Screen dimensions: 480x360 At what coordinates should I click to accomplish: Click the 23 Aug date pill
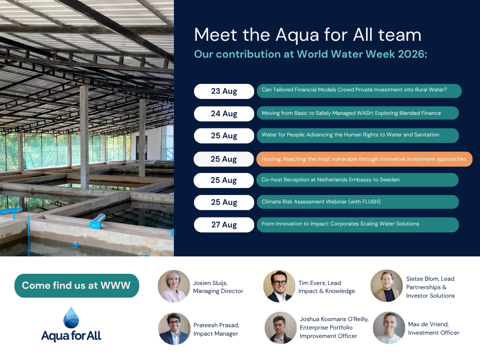pyautogui.click(x=224, y=91)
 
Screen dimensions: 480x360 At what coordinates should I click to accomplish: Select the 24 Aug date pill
pyautogui.click(x=224, y=113)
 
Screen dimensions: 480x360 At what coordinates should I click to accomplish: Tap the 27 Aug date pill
pyautogui.click(x=224, y=225)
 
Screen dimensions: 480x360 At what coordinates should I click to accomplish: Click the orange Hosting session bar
pyautogui.click(x=364, y=159)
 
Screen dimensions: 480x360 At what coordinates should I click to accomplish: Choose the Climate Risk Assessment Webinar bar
pyautogui.click(x=358, y=202)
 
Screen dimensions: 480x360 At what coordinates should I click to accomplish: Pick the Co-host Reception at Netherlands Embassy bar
pyautogui.click(x=357, y=180)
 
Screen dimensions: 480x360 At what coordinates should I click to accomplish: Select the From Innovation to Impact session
pyautogui.click(x=358, y=225)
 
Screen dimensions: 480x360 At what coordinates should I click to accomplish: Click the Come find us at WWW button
pyautogui.click(x=77, y=285)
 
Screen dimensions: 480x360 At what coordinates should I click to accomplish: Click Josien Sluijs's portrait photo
pyautogui.click(x=174, y=286)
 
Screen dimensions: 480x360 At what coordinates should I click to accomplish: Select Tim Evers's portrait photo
pyautogui.click(x=279, y=286)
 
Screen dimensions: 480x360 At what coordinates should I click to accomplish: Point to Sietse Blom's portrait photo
pyautogui.click(x=387, y=285)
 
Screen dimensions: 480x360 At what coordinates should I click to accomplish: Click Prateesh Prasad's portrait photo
pyautogui.click(x=174, y=329)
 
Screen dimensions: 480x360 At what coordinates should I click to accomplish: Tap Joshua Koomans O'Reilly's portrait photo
pyautogui.click(x=280, y=328)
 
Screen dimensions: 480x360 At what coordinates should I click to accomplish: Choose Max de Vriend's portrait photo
pyautogui.click(x=389, y=328)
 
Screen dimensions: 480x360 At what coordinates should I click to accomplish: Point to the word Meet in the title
pyautogui.click(x=216, y=35)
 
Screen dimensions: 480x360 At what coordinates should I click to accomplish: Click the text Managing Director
pyautogui.click(x=218, y=291)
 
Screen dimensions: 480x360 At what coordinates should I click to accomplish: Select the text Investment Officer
pyautogui.click(x=434, y=333)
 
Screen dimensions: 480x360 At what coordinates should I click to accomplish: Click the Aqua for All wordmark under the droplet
pyautogui.click(x=71, y=336)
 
